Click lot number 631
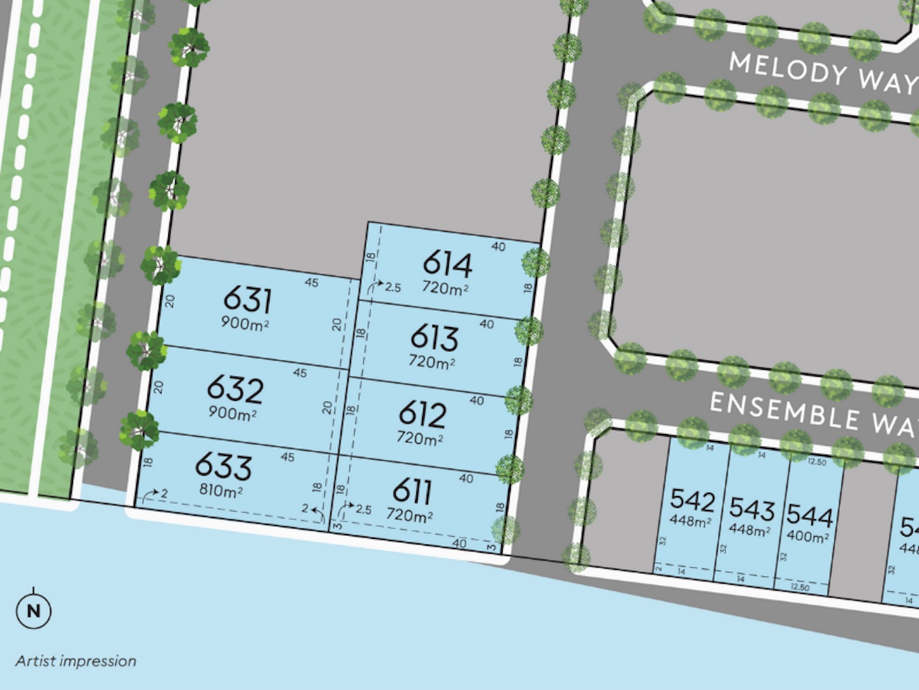[248, 300]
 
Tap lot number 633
[223, 467]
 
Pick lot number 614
[447, 264]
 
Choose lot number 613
[434, 338]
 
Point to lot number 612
[422, 415]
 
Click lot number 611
[412, 492]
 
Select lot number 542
[692, 500]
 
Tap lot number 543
[751, 509]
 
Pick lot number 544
[809, 515]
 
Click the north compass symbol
[33, 610]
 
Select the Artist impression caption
[76, 661]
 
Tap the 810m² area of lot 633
[221, 491]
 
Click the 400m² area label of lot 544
[807, 536]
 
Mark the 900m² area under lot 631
[245, 322]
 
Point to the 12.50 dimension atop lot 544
[816, 462]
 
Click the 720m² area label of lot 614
[445, 288]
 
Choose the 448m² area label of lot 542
[691, 521]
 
